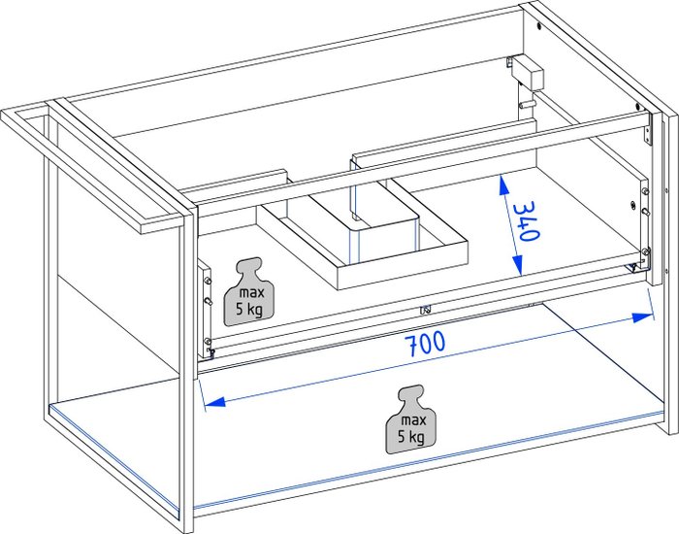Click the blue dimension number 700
pos(427,344)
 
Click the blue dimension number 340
pos(527,221)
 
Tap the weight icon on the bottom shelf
pos(411,419)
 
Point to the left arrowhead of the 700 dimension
pos(215,402)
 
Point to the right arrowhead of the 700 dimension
pos(642,317)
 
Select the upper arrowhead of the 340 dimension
pos(502,185)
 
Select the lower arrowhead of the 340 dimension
pos(517,265)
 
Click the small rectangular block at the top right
pos(527,73)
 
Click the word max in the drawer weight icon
pos(251,293)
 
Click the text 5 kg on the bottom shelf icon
pos(410,437)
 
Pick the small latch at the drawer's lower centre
pos(425,310)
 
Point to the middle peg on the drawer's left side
pos(209,301)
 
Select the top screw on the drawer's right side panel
pos(645,190)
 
